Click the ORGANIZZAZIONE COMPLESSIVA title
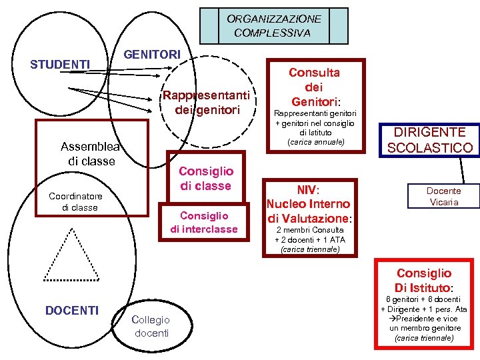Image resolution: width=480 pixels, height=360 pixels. tap(273, 26)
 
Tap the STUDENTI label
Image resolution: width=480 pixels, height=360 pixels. tap(61, 65)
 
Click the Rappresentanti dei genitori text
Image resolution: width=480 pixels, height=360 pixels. tap(207, 103)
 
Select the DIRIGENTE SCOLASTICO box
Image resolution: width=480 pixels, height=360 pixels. tap(430, 140)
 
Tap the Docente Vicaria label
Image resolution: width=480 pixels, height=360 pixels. tap(445, 197)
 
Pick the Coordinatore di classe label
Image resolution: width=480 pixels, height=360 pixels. tap(75, 202)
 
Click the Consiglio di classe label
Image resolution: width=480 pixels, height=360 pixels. tap(205, 179)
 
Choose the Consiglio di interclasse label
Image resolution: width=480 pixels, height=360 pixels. tap(204, 222)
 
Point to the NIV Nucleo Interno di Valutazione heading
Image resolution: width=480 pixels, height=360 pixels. tap(309, 203)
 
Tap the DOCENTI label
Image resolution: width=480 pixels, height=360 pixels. tap(71, 310)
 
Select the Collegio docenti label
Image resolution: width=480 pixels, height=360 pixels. tap(151, 326)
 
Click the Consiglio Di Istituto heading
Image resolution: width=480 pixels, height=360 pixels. tap(424, 281)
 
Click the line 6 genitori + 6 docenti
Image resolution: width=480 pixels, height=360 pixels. tap(424, 299)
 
